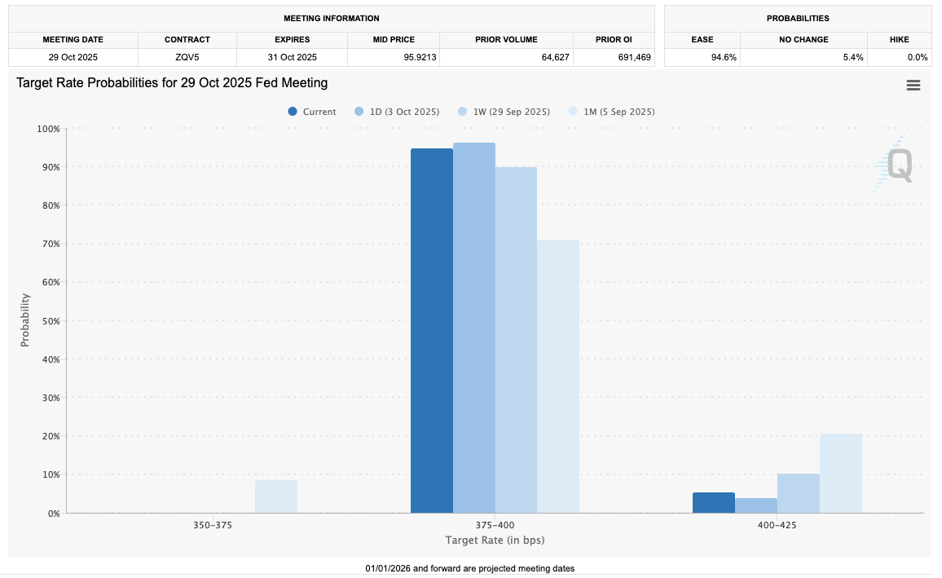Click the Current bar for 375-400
pyautogui.click(x=432, y=330)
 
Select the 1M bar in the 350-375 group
pyautogui.click(x=276, y=496)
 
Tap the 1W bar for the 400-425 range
pyautogui.click(x=799, y=493)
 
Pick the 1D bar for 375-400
pyautogui.click(x=474, y=328)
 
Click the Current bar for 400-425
pyautogui.click(x=714, y=503)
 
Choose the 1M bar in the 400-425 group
pyautogui.click(x=841, y=473)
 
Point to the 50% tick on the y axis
pyautogui.click(x=49, y=320)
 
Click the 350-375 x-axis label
pyautogui.click(x=213, y=525)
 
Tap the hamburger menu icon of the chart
pyautogui.click(x=913, y=86)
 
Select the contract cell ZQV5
pyautogui.click(x=187, y=57)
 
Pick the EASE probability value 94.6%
pyautogui.click(x=702, y=57)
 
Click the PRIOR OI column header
pyautogui.click(x=614, y=39)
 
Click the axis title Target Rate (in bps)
pyautogui.click(x=495, y=540)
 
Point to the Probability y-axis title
pyautogui.click(x=24, y=320)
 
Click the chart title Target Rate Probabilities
pyautogui.click(x=172, y=82)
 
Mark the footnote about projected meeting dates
pyautogui.click(x=470, y=568)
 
